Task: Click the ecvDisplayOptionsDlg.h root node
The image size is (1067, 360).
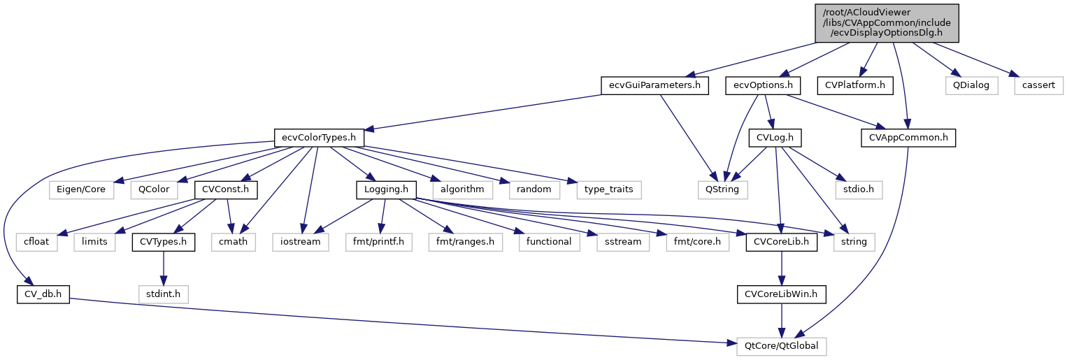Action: coord(886,22)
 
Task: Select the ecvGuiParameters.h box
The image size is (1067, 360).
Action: coord(654,86)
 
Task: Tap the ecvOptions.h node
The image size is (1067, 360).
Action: coord(767,86)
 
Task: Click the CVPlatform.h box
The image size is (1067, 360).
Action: coord(855,86)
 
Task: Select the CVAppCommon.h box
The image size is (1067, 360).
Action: coord(908,138)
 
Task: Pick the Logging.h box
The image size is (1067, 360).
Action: coord(387,189)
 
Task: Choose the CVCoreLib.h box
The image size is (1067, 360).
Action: coord(782,242)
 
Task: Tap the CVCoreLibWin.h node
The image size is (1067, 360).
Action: coord(782,294)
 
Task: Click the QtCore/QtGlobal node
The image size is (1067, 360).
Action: coord(782,345)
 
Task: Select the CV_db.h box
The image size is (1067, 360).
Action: coord(43,294)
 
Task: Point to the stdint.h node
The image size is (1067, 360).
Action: coord(163,294)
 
